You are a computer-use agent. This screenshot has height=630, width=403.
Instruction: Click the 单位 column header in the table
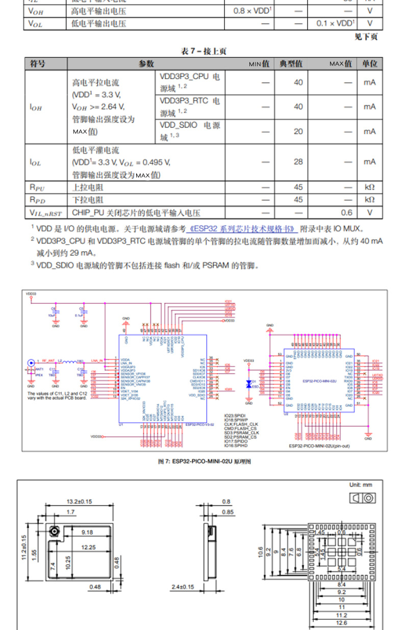tap(370, 64)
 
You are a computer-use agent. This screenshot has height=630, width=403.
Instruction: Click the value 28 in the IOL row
tap(298, 162)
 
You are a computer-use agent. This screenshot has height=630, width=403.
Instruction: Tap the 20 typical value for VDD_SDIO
tap(298, 132)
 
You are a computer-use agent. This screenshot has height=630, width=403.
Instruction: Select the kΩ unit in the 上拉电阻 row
tap(370, 187)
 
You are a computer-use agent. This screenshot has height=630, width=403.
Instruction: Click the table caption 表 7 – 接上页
tap(204, 51)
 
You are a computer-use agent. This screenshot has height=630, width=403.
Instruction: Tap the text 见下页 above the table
tap(366, 37)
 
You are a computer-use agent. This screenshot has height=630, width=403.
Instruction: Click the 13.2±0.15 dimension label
tap(80, 501)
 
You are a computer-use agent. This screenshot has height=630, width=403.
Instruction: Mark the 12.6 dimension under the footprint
tap(341, 622)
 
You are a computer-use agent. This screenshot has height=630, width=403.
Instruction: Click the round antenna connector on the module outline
tap(54, 532)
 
